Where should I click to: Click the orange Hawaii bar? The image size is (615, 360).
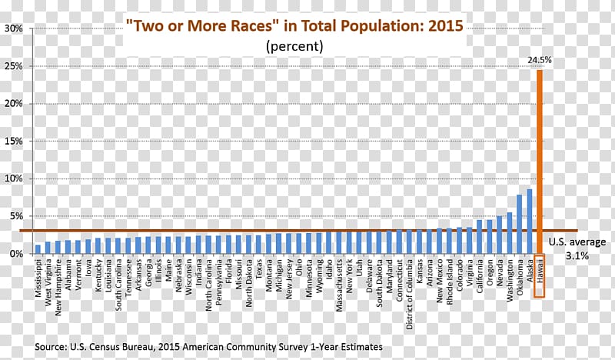(540, 154)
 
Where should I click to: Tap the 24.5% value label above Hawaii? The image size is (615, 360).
(539, 58)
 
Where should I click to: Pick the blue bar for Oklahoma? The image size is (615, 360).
(520, 224)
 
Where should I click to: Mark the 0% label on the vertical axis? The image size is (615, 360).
(16, 253)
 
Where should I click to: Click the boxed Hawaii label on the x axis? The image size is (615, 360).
(540, 276)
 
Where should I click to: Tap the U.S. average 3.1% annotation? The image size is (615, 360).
(577, 248)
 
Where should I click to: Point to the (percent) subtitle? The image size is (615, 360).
(295, 46)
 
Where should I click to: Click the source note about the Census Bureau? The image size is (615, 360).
(208, 348)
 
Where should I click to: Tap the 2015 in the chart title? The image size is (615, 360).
(446, 25)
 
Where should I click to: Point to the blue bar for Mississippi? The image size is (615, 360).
(38, 249)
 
